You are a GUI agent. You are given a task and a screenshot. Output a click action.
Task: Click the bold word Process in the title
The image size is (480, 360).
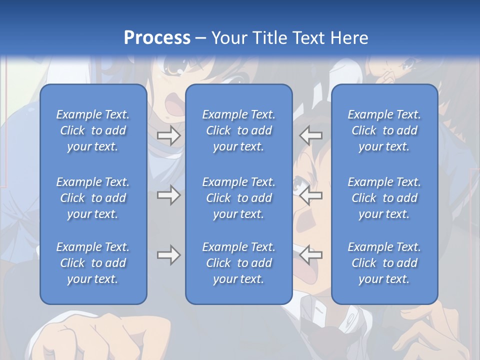point(157,38)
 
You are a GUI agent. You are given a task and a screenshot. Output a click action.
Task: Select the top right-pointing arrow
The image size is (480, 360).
point(169,135)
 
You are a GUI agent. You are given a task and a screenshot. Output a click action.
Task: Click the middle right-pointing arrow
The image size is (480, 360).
point(169,195)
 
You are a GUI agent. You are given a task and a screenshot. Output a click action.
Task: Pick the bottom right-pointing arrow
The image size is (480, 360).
point(169,255)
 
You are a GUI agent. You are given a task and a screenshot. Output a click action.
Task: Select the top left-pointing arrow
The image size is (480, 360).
point(311,135)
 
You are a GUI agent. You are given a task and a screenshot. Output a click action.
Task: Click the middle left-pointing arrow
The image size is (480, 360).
point(311,195)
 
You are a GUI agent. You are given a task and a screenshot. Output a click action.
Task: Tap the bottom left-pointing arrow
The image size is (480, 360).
point(311,255)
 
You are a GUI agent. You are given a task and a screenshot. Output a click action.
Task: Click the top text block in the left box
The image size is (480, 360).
point(93,130)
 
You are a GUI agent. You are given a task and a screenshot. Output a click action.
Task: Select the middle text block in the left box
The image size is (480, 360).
point(93,198)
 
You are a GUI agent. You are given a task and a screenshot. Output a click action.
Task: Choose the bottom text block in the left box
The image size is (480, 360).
point(93,263)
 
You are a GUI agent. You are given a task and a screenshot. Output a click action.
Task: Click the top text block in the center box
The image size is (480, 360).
point(239,130)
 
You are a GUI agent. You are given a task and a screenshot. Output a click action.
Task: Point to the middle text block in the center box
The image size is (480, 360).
point(239,198)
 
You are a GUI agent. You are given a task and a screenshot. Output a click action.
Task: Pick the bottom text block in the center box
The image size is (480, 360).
point(239,263)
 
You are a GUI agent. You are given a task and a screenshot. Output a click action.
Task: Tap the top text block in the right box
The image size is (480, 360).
point(384,130)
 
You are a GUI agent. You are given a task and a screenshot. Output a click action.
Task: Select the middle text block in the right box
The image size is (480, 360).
point(384,198)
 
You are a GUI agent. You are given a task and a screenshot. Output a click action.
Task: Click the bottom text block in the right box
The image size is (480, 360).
point(384,263)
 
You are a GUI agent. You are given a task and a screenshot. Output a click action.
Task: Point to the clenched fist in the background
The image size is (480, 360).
point(75,337)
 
